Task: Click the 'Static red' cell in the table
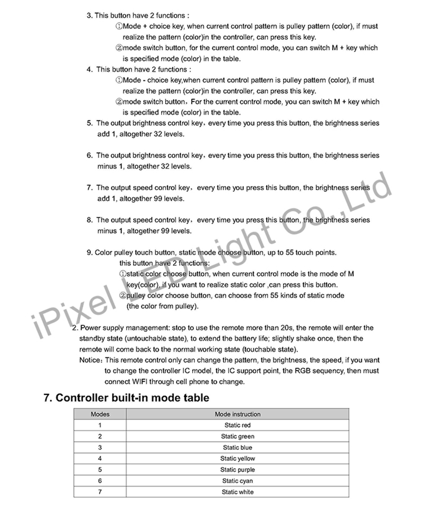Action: click(x=238, y=425)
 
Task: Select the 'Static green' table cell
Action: click(x=238, y=437)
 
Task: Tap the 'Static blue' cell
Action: click(x=238, y=448)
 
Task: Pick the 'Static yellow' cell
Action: click(x=238, y=459)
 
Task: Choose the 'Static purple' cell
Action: click(x=238, y=470)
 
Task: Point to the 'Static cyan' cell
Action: click(x=238, y=481)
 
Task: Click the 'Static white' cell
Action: click(x=238, y=492)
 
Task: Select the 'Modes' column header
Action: click(x=100, y=414)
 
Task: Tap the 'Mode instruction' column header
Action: click(x=238, y=414)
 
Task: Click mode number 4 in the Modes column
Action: click(x=100, y=459)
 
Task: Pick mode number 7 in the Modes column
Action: click(x=100, y=492)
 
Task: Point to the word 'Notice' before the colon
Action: click(x=89, y=360)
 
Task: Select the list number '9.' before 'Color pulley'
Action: click(x=89, y=253)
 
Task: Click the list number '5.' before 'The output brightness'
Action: click(x=89, y=123)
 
